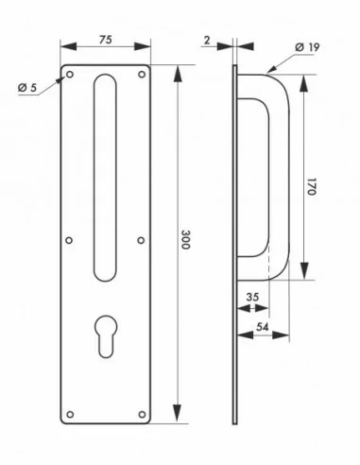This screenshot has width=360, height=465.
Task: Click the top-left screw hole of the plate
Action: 67,73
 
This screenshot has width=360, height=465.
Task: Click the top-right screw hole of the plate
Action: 142,73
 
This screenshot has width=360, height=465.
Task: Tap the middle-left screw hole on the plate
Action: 67,240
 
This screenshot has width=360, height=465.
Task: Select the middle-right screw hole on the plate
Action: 142,240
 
